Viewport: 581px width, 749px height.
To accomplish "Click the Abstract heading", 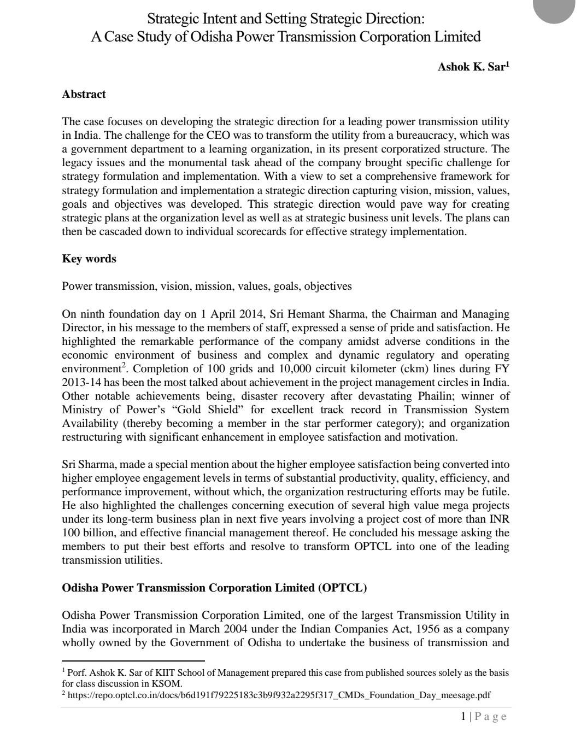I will tap(84, 94).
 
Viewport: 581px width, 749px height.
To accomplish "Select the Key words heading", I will tap(89, 259).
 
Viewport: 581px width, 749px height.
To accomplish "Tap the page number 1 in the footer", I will tap(463, 716).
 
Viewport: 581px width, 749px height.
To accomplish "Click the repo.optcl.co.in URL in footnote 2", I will tap(279, 695).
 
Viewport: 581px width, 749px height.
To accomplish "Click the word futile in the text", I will tap(494, 491).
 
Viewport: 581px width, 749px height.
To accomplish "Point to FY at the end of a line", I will tap(502, 368).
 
